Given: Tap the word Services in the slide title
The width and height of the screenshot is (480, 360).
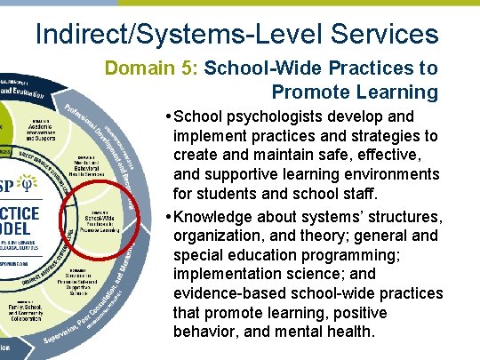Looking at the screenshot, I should click(x=385, y=34).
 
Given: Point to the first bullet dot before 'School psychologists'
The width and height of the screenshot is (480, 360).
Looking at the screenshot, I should click(x=168, y=117).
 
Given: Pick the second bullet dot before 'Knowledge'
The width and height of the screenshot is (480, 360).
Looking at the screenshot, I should click(x=168, y=216).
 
